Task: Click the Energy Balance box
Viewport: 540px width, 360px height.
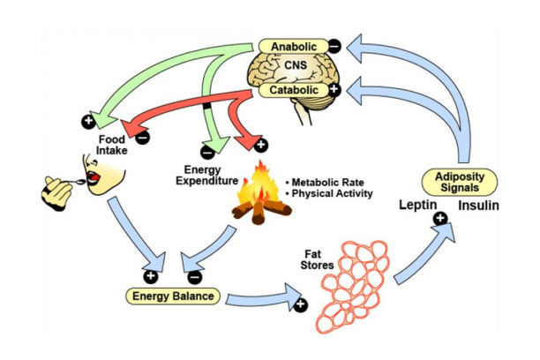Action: (x=173, y=296)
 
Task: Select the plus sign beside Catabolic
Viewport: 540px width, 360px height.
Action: (x=334, y=90)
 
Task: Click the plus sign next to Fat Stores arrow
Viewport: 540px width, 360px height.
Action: (x=301, y=305)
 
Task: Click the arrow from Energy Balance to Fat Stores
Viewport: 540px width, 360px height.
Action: (x=265, y=296)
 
